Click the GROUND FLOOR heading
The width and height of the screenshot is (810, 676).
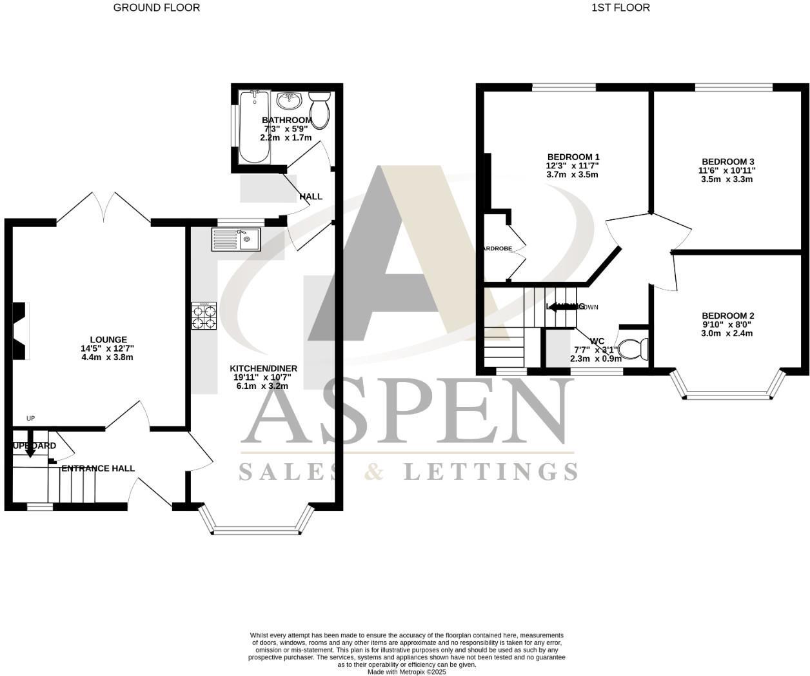pyautogui.click(x=156, y=8)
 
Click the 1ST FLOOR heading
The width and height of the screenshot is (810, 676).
pyautogui.click(x=620, y=8)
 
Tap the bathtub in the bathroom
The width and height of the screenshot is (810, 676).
pyautogui.click(x=253, y=126)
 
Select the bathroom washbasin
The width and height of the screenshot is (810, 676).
pyautogui.click(x=290, y=101)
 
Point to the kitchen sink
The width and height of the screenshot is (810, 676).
pyautogui.click(x=236, y=239)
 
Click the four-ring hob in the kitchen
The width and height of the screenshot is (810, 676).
pyautogui.click(x=204, y=316)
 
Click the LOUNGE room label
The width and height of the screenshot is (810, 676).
pyautogui.click(x=108, y=340)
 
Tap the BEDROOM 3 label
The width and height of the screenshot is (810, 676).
pyautogui.click(x=727, y=161)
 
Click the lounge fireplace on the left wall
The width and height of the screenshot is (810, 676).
pyautogui.click(x=21, y=331)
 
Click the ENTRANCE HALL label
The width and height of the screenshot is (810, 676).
pyautogui.click(x=98, y=468)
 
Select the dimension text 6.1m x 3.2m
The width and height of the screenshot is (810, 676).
pyautogui.click(x=262, y=386)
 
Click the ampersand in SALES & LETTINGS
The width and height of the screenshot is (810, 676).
pyautogui.click(x=373, y=472)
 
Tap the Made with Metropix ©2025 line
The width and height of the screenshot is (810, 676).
pyautogui.click(x=406, y=671)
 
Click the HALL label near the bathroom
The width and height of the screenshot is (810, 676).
pyautogui.click(x=310, y=196)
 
